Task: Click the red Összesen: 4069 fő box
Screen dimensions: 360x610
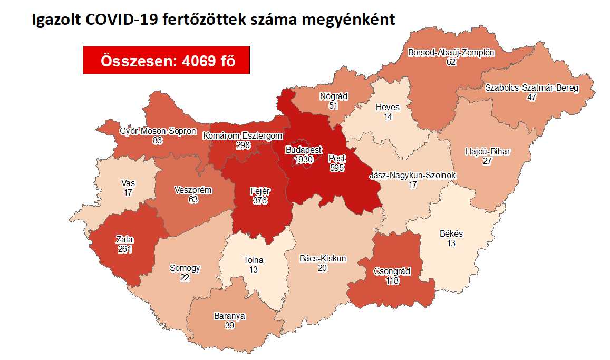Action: pyautogui.click(x=166, y=60)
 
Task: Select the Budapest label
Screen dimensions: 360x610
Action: pyautogui.click(x=304, y=150)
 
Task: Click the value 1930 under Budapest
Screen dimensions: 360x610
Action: pyautogui.click(x=304, y=159)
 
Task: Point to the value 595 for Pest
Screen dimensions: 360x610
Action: pyautogui.click(x=336, y=167)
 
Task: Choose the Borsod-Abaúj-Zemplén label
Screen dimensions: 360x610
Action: pyautogui.click(x=451, y=53)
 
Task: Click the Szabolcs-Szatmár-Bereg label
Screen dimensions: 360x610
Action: pyautogui.click(x=531, y=88)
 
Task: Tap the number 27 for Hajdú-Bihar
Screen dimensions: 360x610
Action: pyautogui.click(x=487, y=161)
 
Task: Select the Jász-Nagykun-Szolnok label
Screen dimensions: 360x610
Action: pyautogui.click(x=413, y=176)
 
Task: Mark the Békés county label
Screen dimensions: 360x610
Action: pyautogui.click(x=451, y=233)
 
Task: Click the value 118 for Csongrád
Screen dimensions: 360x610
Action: pyautogui.click(x=392, y=280)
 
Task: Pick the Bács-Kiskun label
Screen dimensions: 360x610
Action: pyautogui.click(x=323, y=258)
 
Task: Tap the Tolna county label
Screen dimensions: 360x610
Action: pyautogui.click(x=253, y=260)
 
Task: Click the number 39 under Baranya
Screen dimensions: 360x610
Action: pyautogui.click(x=229, y=326)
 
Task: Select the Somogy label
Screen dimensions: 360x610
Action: pyautogui.click(x=185, y=268)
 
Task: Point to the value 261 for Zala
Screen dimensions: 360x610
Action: pyautogui.click(x=124, y=249)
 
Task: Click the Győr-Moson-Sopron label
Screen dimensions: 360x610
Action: pyautogui.click(x=158, y=131)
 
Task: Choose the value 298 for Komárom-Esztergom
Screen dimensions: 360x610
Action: pyautogui.click(x=243, y=145)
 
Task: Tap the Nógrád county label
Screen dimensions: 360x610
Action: pyautogui.click(x=332, y=96)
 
